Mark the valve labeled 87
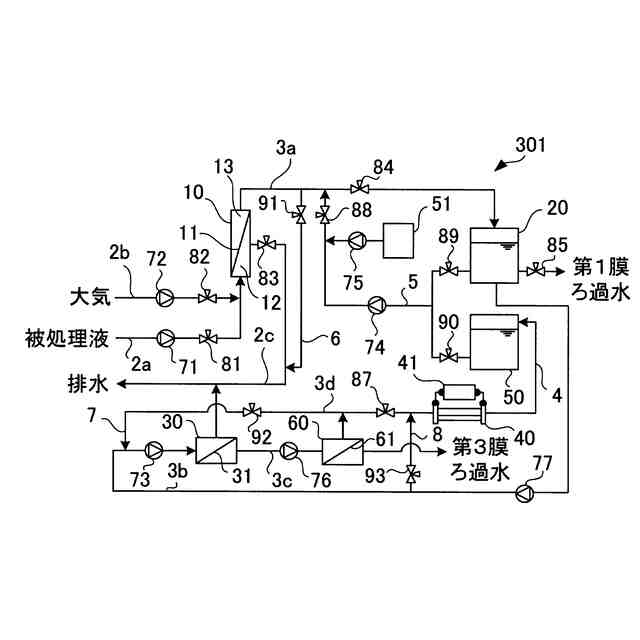click(384, 410)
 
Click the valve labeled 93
click(410, 475)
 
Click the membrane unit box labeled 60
click(339, 448)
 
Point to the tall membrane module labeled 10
click(239, 243)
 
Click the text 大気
click(88, 297)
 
